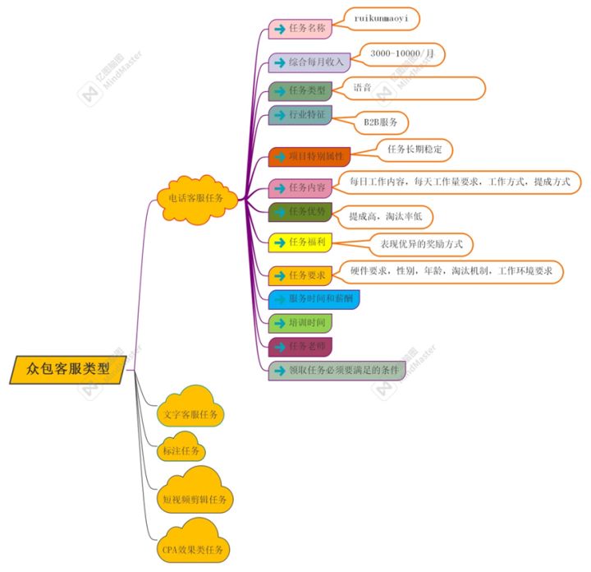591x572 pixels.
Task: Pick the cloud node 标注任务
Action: pos(181,451)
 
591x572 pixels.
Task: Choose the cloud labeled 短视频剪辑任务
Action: pos(195,498)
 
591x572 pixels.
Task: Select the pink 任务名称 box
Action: pos(300,28)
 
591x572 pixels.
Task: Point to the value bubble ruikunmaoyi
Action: pos(386,16)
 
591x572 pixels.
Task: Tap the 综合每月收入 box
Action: pos(309,62)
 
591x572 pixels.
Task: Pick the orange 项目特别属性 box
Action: pos(310,155)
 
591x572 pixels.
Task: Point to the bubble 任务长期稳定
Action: pos(415,150)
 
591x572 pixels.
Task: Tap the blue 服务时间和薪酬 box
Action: pos(314,299)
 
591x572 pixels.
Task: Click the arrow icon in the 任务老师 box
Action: pos(280,346)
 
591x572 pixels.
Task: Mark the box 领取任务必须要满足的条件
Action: pos(337,371)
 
